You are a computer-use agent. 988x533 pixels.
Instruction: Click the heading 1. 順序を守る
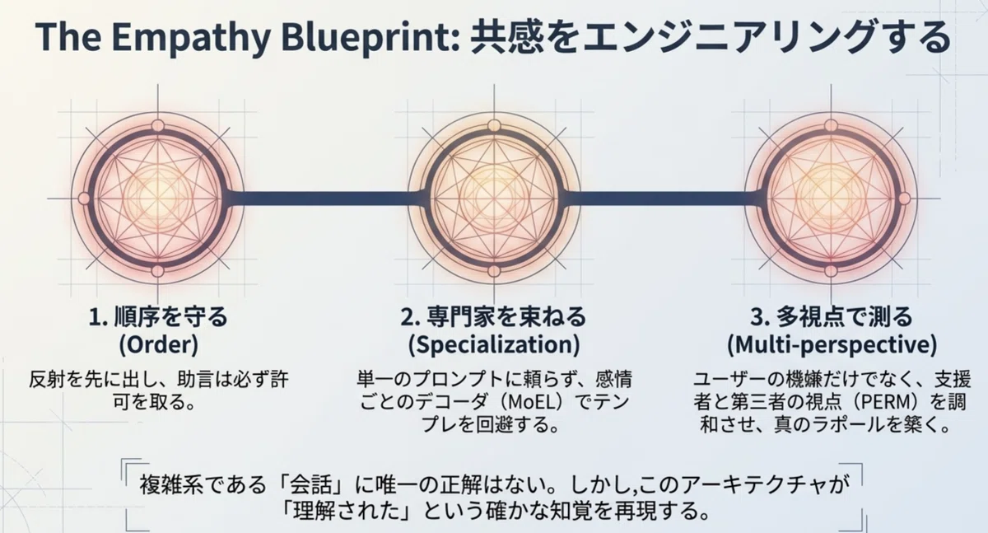(x=158, y=317)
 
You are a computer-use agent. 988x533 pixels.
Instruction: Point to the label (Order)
(x=159, y=344)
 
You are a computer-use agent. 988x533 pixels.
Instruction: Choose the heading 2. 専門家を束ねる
(x=493, y=317)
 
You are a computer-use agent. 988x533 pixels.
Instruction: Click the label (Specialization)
(x=494, y=344)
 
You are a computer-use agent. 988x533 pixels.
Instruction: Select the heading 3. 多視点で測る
(x=832, y=317)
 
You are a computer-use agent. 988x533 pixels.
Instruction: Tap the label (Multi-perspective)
(x=832, y=344)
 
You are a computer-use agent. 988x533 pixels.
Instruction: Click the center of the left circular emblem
(x=157, y=198)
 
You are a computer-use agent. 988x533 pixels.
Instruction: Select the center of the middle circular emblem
(x=494, y=198)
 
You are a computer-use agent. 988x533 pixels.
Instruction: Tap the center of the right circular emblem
(x=831, y=198)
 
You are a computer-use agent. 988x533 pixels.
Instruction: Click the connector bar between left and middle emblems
(x=325, y=198)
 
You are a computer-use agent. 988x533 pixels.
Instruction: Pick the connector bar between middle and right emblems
(x=663, y=198)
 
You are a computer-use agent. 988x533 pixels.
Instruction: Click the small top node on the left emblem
(x=157, y=126)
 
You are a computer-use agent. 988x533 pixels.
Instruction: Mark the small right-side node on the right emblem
(x=904, y=199)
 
